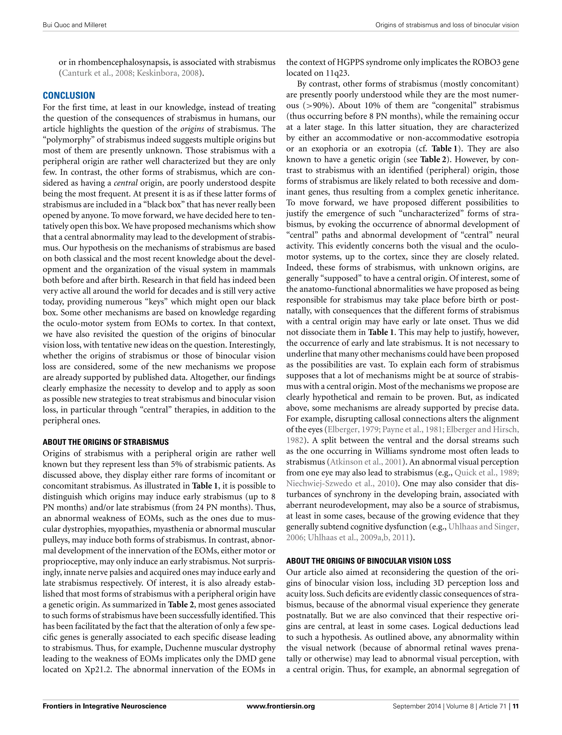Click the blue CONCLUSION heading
[x=69, y=96]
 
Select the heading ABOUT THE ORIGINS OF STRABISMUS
[x=106, y=442]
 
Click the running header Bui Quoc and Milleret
[x=75, y=25]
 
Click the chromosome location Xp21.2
[x=99, y=670]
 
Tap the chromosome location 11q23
[x=337, y=73]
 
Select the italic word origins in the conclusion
[x=192, y=129]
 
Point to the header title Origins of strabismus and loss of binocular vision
[x=447, y=25]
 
